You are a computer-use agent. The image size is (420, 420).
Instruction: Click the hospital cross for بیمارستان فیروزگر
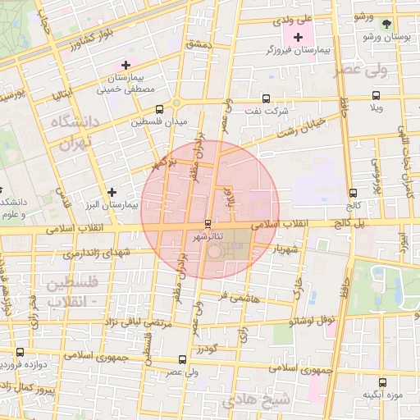(x=297, y=37)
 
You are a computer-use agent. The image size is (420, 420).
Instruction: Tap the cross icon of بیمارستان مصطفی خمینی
(x=126, y=64)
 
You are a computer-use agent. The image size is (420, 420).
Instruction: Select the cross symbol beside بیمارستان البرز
(x=112, y=192)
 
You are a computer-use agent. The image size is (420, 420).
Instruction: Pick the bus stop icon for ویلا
(x=377, y=95)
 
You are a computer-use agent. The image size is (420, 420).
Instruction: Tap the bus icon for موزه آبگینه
(x=382, y=381)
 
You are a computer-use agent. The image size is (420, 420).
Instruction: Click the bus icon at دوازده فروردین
(x=20, y=352)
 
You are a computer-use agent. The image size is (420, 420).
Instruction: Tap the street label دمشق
(x=199, y=43)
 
